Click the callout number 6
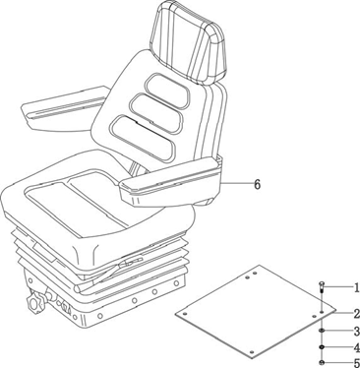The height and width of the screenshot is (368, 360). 258,184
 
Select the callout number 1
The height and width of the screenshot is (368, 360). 356,288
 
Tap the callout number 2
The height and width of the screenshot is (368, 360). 356,314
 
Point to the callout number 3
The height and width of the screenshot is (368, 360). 356,332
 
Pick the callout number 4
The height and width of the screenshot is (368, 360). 356,347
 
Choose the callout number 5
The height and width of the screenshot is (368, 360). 356,363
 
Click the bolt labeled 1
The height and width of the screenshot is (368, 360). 322,288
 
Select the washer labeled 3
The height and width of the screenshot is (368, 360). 322,331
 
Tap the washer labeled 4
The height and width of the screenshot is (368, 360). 322,347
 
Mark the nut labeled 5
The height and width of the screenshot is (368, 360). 322,363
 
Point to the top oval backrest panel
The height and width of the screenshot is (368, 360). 168,91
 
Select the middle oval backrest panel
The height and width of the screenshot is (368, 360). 157,112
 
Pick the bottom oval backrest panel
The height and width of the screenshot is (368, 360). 143,138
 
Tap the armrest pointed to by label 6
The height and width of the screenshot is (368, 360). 170,182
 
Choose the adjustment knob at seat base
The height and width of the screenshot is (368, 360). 35,303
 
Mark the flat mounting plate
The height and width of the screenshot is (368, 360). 256,310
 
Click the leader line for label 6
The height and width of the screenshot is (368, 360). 237,184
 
